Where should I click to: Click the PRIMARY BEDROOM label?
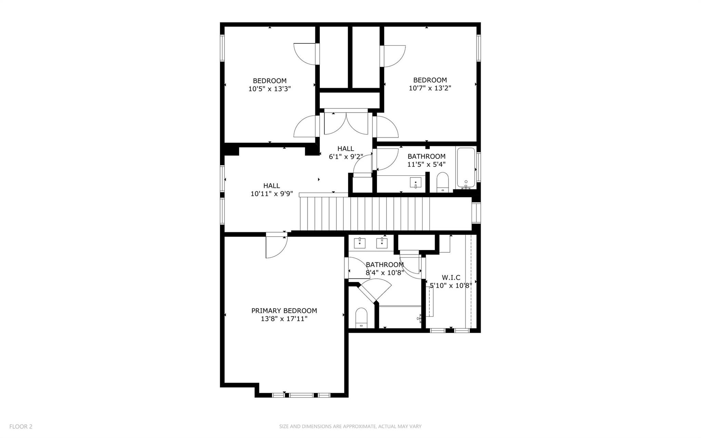point(284,311)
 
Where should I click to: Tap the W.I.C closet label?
point(451,277)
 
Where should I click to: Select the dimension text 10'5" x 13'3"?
point(270,89)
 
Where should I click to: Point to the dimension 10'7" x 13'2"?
point(430,88)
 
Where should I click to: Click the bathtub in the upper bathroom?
point(466,168)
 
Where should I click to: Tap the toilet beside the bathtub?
point(443,182)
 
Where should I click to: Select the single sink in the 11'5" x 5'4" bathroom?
point(416,183)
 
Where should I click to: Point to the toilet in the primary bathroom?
point(361,318)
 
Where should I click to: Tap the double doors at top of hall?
point(346,123)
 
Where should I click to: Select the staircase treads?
point(365,214)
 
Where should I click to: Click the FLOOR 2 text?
point(21,426)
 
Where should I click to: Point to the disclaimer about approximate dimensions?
point(350,426)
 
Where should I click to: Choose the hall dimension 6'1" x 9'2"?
point(346,157)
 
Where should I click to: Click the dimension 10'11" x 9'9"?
point(272,194)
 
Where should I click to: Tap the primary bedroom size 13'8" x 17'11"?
point(284,319)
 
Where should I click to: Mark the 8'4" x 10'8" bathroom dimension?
point(385,273)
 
